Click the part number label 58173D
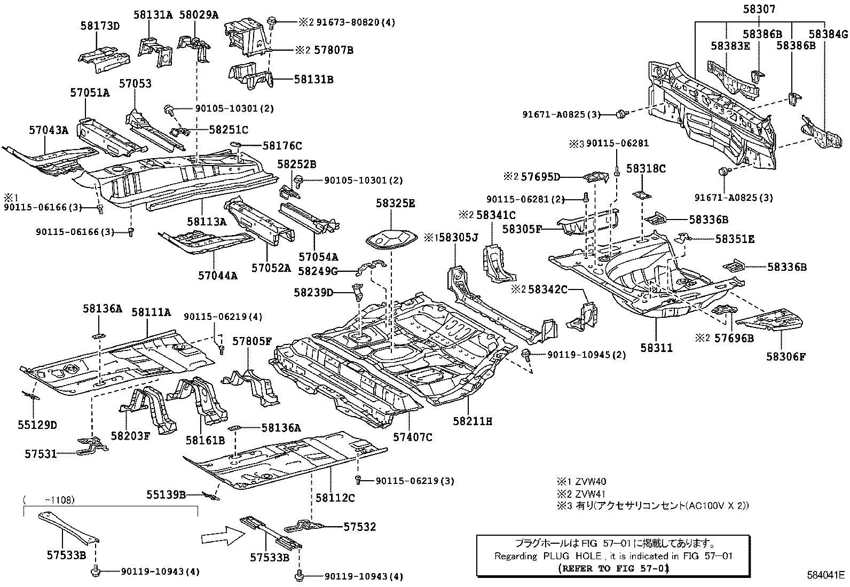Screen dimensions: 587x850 pyautogui.click(x=100, y=25)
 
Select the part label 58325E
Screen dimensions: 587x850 pyautogui.click(x=395, y=204)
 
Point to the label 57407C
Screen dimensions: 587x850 pyautogui.click(x=412, y=437)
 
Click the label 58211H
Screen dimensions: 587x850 pyautogui.click(x=473, y=421)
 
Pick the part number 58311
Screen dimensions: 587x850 pyautogui.click(x=657, y=348)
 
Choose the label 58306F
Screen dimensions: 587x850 pyautogui.click(x=785, y=356)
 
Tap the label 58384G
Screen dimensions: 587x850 pyautogui.click(x=828, y=34)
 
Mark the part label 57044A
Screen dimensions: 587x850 pyautogui.click(x=217, y=276)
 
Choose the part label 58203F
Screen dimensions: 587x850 pyautogui.click(x=131, y=435)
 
